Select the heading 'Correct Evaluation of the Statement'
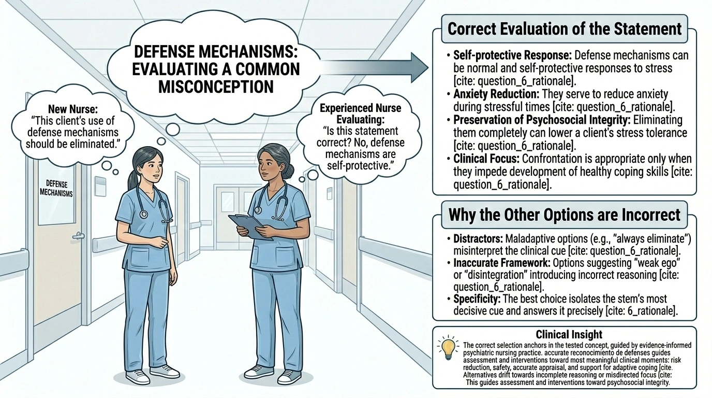[565, 29]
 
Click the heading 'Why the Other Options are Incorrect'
[564, 214]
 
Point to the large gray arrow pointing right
[375, 66]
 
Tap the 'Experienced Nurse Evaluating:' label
[360, 114]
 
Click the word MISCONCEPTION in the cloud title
[216, 86]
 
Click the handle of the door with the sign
[78, 235]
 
